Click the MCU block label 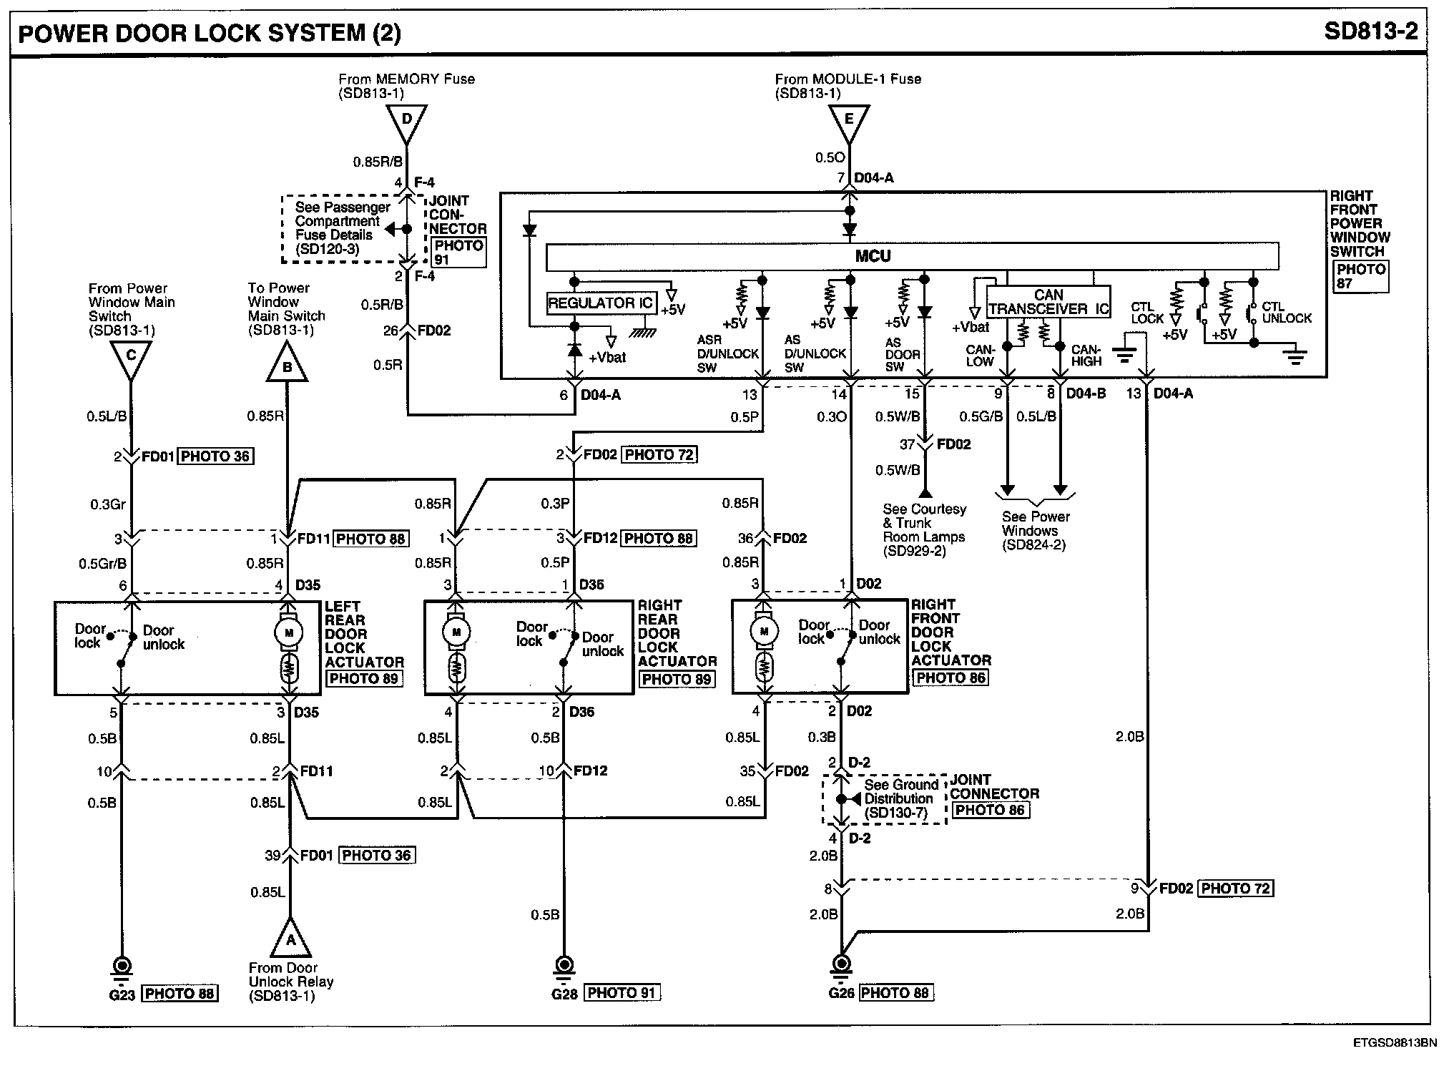click(873, 256)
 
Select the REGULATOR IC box click(600, 303)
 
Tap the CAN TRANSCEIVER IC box click(1048, 302)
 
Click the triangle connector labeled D click(406, 121)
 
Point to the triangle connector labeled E click(849, 121)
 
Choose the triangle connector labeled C click(130, 358)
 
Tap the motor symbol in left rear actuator click(290, 632)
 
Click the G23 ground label click(122, 994)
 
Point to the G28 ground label click(564, 994)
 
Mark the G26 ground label click(841, 994)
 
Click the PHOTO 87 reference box click(1361, 276)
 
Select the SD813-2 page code click(1370, 31)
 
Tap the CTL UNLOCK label click(1286, 313)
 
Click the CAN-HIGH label click(1086, 356)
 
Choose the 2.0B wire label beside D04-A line click(1129, 736)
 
